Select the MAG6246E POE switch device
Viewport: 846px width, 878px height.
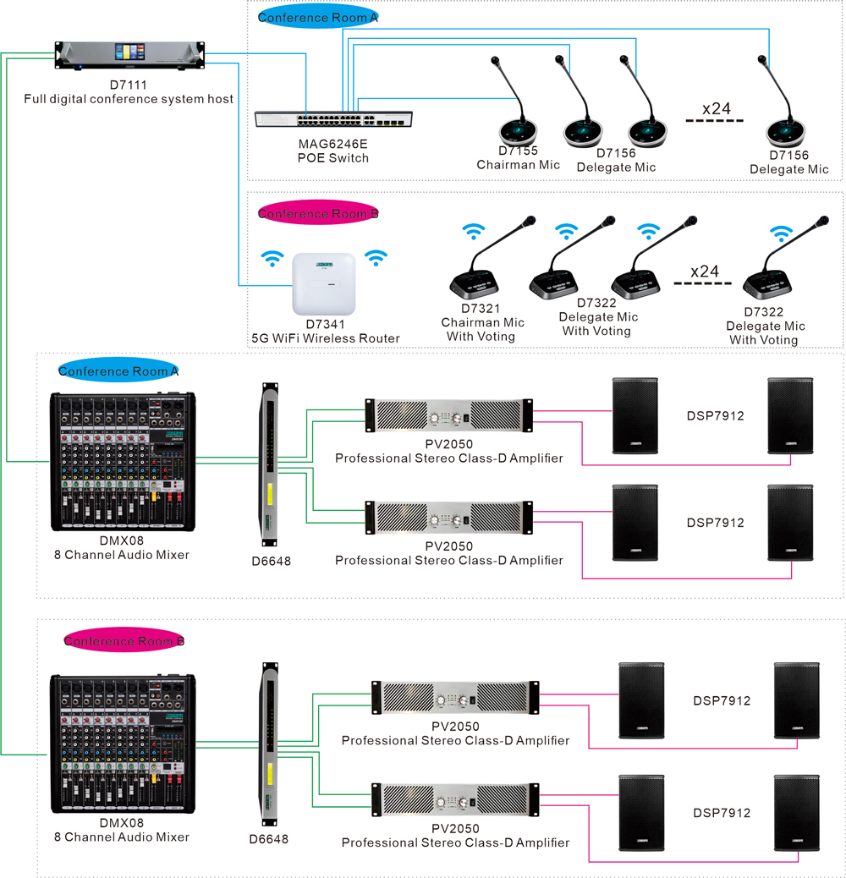tap(335, 118)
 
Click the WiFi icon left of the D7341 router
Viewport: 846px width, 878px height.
tap(272, 257)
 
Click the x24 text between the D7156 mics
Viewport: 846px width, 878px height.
tap(717, 108)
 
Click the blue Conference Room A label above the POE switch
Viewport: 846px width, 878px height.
tap(317, 18)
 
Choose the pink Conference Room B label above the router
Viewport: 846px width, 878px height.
tap(317, 214)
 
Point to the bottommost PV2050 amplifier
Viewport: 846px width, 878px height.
tap(455, 798)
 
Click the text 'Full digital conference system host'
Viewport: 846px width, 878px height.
tap(129, 99)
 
